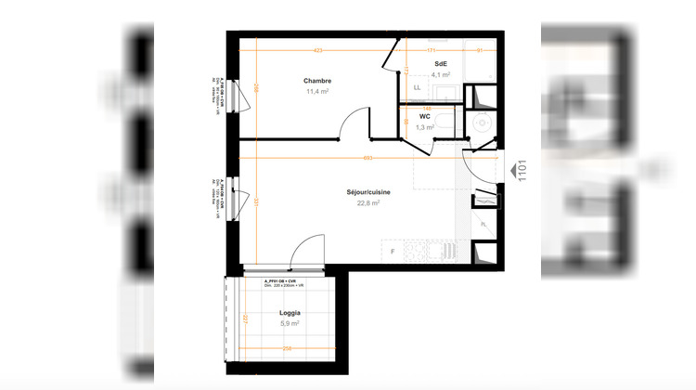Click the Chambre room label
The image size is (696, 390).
tap(316, 82)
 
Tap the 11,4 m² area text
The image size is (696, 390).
tap(316, 92)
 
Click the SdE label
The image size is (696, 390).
tap(439, 64)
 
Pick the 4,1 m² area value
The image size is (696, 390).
tap(439, 74)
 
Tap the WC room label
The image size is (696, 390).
tap(424, 117)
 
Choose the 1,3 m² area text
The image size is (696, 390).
tap(424, 127)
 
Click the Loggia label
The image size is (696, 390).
tap(290, 313)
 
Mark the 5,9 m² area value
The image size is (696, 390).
tap(290, 324)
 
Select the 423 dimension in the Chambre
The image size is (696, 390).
tap(317, 49)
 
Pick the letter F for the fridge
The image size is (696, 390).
tap(393, 252)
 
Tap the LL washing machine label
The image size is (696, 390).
tap(417, 88)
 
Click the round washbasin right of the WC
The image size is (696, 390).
tap(481, 122)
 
